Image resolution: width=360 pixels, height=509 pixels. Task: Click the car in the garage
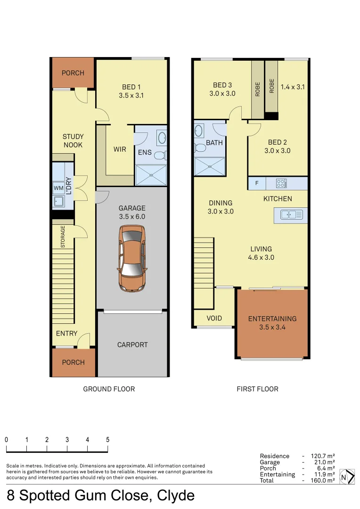click(132, 258)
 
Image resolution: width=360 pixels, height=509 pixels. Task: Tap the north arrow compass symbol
click(346, 476)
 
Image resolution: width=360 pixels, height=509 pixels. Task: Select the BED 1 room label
click(131, 91)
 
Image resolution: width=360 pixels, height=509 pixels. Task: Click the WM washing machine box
click(59, 189)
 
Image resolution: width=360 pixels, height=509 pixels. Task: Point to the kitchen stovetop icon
click(281, 183)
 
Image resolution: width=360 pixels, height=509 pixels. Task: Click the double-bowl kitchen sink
click(291, 215)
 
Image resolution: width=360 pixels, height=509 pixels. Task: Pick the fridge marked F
click(257, 183)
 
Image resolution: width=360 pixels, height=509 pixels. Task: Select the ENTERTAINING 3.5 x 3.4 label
click(272, 323)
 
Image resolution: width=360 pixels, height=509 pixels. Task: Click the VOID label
click(214, 318)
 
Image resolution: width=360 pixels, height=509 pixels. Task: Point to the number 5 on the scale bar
click(108, 440)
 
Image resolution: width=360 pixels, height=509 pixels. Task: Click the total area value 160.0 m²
click(323, 480)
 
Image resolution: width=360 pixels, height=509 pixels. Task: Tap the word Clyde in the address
click(175, 496)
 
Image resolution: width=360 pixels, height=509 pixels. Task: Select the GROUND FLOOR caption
click(109, 389)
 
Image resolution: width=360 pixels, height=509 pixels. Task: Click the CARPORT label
click(132, 345)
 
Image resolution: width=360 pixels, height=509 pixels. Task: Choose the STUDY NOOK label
click(73, 141)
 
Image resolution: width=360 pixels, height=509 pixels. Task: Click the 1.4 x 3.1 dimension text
click(293, 87)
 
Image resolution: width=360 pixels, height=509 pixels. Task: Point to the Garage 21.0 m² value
click(323, 462)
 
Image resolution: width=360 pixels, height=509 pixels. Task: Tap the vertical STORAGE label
click(63, 237)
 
